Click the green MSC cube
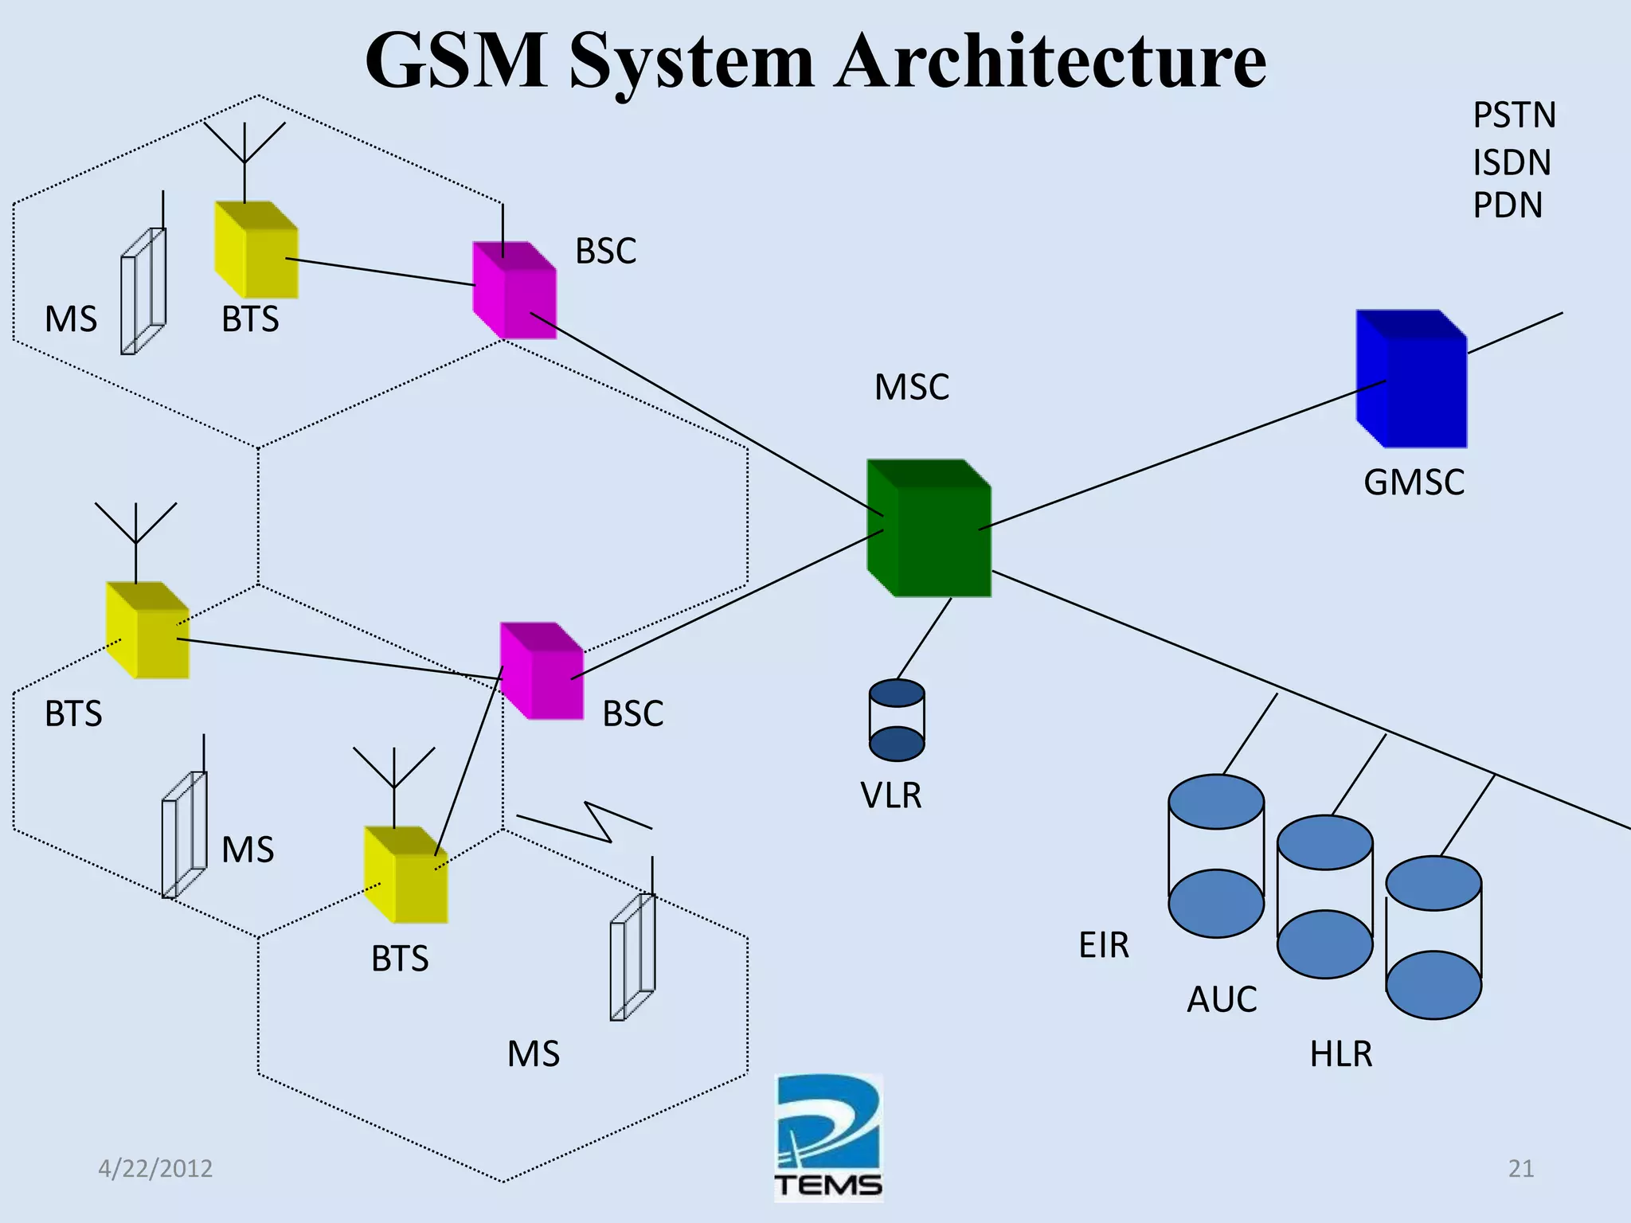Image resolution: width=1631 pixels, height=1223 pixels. point(929,529)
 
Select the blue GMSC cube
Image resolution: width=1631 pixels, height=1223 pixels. point(1411,380)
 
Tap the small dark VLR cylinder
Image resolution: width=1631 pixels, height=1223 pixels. point(897,720)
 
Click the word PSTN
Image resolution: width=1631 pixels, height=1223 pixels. point(1514,115)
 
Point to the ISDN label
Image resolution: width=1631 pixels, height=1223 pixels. point(1512,163)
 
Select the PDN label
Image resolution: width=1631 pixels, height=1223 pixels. point(1508,205)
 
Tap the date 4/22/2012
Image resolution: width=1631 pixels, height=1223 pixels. point(155,1168)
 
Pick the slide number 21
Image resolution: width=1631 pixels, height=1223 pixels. point(1521,1168)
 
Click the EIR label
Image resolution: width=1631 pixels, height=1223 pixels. point(1104,945)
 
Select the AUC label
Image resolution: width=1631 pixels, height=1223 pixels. point(1222,999)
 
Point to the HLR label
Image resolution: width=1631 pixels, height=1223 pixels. point(1341,1054)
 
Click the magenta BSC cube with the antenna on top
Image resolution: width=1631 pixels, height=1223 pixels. point(514,291)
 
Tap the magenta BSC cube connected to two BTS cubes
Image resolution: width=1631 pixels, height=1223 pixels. point(542,671)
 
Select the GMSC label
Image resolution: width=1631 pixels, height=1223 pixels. point(1414,483)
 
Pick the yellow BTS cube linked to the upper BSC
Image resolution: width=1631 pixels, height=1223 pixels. point(256,250)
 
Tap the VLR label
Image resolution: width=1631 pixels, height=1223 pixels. point(891,795)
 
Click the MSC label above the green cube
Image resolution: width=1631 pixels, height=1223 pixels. point(912,388)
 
